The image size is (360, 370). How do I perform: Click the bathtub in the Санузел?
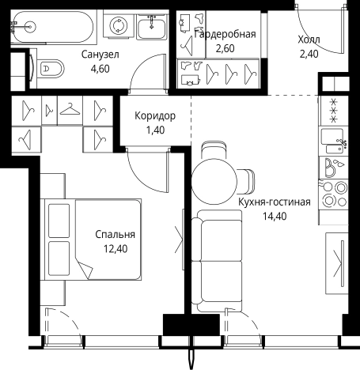52,27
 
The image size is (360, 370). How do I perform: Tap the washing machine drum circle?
119,26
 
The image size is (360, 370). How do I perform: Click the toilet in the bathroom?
50,69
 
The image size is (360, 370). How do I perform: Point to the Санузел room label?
100,55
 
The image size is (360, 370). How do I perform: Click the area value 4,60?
100,69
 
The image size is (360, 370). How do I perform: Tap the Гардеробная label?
225,34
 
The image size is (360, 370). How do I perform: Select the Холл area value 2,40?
309,54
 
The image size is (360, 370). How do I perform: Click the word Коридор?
155,115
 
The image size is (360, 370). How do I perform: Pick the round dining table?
214,181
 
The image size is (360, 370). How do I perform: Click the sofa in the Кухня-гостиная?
217,260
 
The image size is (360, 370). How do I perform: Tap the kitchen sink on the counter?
332,142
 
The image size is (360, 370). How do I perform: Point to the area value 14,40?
275,216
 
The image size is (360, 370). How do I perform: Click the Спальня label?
116,234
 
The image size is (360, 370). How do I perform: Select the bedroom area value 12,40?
116,248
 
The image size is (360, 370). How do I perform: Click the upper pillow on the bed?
59,221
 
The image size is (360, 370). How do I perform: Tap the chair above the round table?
214,150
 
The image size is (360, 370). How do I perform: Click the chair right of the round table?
246,181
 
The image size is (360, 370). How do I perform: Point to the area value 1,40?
155,130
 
